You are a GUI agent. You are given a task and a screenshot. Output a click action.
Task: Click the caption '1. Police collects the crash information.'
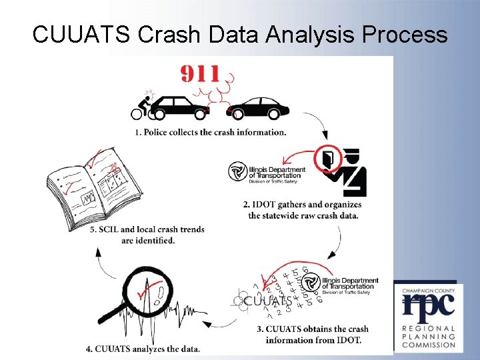pyautogui.click(x=211, y=132)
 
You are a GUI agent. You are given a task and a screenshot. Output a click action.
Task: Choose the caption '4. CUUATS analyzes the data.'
pyautogui.click(x=143, y=349)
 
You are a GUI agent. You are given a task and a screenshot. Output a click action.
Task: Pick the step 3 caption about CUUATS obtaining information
pyautogui.click(x=313, y=334)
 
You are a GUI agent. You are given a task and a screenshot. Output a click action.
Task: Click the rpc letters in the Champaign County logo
pyautogui.click(x=429, y=306)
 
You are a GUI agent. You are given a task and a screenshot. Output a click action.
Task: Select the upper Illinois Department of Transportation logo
pyautogui.click(x=267, y=172)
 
